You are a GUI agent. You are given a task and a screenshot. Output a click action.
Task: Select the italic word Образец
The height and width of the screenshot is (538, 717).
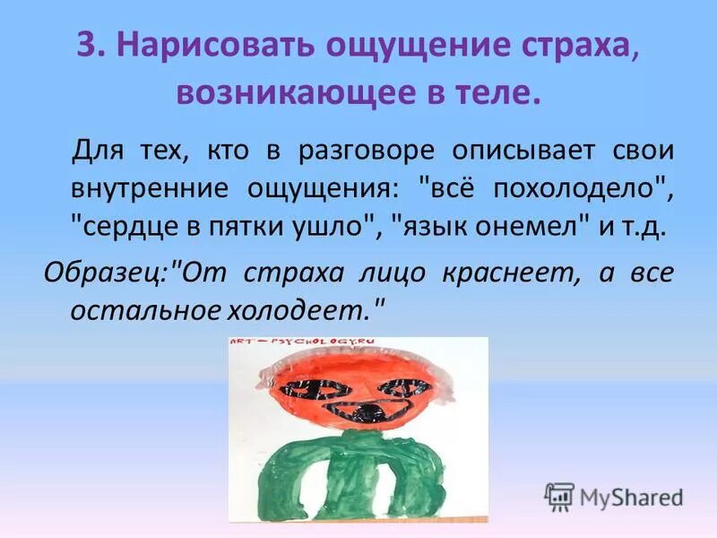[106, 272]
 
